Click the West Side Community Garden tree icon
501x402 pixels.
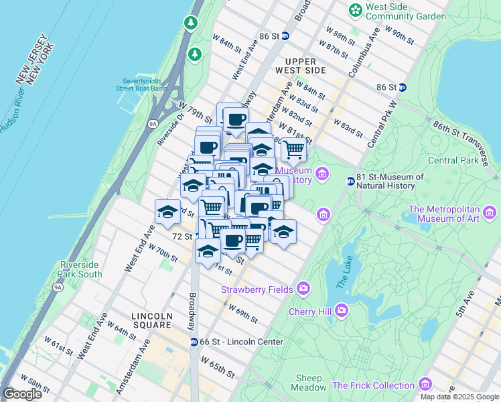click(x=354, y=11)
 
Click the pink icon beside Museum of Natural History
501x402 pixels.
click(x=322, y=174)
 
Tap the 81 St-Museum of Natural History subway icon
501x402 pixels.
click(x=350, y=182)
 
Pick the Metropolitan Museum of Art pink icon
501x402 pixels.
click(x=490, y=214)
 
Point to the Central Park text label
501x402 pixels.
click(x=453, y=160)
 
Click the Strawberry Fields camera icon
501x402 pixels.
click(x=303, y=289)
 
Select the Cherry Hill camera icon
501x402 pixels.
click(x=342, y=311)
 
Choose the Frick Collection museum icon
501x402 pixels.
click(x=425, y=385)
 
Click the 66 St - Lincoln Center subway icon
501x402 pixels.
click(x=194, y=342)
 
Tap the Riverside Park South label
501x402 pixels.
click(x=81, y=269)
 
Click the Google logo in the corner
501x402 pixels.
click(x=22, y=394)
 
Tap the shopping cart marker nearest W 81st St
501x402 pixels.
click(x=293, y=150)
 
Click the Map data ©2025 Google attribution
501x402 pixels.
click(x=459, y=397)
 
